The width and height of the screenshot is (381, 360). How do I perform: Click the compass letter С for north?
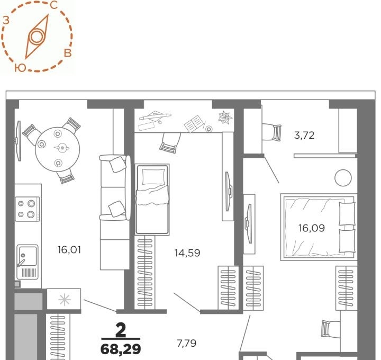coord(53,5)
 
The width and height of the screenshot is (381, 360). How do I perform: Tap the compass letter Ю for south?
coord(20,68)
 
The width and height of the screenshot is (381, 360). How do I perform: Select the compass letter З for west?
coord(6,21)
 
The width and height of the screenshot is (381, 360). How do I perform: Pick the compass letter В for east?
coord(68,53)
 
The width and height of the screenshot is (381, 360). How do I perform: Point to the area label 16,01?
coord(69,250)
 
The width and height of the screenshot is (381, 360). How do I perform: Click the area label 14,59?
coord(187,253)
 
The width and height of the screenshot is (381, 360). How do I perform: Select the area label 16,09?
coord(312,228)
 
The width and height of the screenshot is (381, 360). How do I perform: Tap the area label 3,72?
coord(304,135)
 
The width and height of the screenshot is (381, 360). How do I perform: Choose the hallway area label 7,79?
coord(187,343)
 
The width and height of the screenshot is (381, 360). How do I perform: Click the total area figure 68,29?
coord(121,349)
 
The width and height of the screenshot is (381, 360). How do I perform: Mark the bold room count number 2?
coord(121,330)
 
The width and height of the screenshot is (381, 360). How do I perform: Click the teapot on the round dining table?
coord(61,148)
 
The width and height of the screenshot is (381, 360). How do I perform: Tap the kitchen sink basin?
coord(28,256)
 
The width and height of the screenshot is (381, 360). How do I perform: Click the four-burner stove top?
coord(27,209)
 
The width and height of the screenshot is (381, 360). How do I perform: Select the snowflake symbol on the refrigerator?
coord(65,300)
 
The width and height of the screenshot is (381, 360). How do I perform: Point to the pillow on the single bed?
coord(153,177)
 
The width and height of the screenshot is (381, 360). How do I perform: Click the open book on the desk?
coord(194,123)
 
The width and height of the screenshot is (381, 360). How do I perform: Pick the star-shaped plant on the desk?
coord(225,118)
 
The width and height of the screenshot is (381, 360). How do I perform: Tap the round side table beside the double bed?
coord(343,178)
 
